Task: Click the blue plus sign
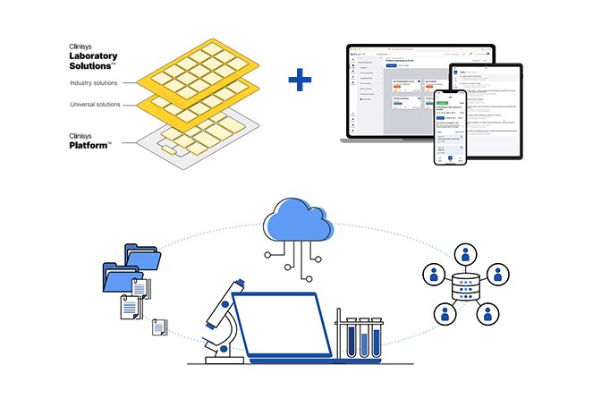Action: (x=301, y=81)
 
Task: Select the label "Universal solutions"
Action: (x=97, y=105)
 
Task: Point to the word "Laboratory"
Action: (x=94, y=55)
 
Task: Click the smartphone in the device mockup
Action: (x=451, y=125)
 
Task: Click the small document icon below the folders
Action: (x=160, y=327)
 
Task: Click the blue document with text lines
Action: (x=131, y=306)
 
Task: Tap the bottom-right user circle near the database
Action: (x=487, y=313)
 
